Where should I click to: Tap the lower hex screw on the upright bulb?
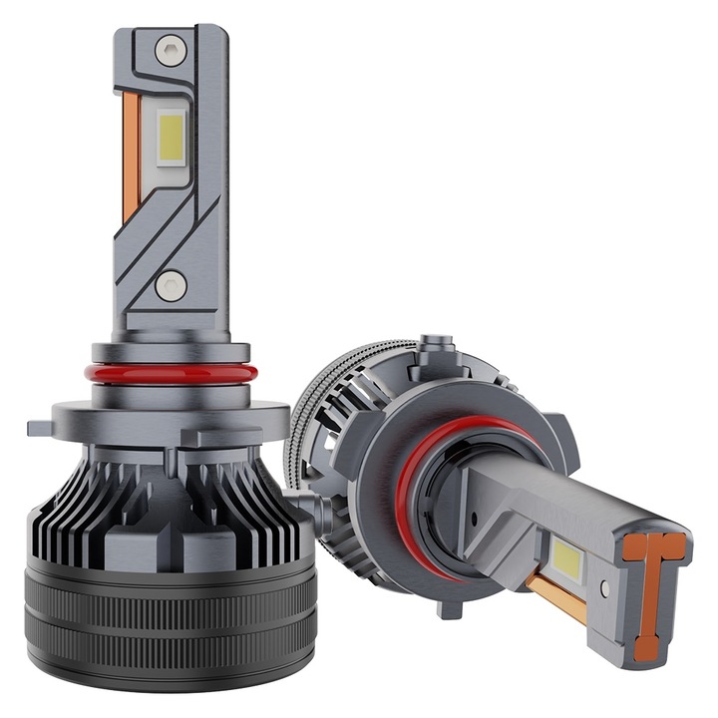point(171,285)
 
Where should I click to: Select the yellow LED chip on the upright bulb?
point(172,137)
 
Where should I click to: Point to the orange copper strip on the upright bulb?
point(131,160)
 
